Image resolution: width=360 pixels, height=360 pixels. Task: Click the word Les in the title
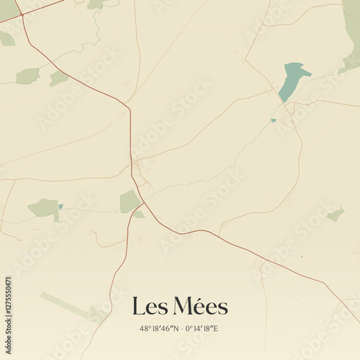pyautogui.click(x=150, y=307)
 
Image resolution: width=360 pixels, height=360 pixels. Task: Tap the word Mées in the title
pyautogui.click(x=201, y=307)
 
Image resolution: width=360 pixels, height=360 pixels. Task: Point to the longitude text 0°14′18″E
pyautogui.click(x=202, y=328)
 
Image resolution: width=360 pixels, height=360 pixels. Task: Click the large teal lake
pyautogui.click(x=292, y=81)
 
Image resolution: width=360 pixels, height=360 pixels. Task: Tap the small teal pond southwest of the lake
pyautogui.click(x=273, y=120)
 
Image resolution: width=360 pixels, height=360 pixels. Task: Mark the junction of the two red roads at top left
pyautogui.click(x=22, y=15)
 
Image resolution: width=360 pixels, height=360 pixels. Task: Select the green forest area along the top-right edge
pyautogui.click(x=351, y=32)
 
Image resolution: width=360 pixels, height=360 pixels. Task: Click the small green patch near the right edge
pyautogui.click(x=336, y=214)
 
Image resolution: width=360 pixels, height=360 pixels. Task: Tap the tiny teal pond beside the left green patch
pyautogui.click(x=60, y=207)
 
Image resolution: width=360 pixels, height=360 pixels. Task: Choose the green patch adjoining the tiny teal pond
pyautogui.click(x=45, y=208)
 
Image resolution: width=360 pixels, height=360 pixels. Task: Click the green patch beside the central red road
pyautogui.click(x=130, y=202)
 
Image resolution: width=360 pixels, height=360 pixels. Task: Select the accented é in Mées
pyautogui.click(x=199, y=307)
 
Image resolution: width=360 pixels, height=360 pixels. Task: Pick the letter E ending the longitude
pyautogui.click(x=215, y=328)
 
